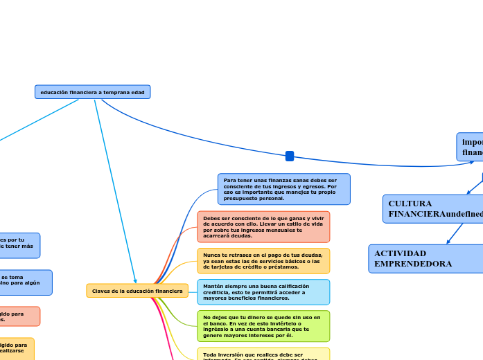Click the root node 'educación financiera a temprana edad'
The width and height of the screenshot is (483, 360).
coord(92,92)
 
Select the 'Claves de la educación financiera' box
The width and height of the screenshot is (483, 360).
coord(137,291)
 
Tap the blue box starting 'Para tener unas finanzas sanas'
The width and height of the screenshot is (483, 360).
coord(283,189)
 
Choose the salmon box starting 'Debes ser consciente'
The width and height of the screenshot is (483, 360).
coord(263,227)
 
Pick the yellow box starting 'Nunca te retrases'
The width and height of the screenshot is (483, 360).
coord(263,261)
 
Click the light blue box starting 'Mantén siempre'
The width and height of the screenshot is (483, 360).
coord(263,292)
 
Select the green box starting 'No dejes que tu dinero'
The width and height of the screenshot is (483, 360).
coord(263,326)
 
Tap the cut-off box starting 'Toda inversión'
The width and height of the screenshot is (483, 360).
coord(263,354)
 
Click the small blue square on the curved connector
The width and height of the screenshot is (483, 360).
coord(290,156)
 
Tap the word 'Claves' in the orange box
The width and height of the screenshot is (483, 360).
coord(102,291)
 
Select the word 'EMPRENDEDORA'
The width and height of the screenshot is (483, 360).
coord(413,264)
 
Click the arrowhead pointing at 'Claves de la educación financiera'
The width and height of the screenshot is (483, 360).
coord(136,280)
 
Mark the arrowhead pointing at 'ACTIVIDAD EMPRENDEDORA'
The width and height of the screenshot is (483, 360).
coord(450,242)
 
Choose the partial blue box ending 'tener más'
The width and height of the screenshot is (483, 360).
coord(19,246)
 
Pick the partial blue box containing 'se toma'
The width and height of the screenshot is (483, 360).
coord(24,282)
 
